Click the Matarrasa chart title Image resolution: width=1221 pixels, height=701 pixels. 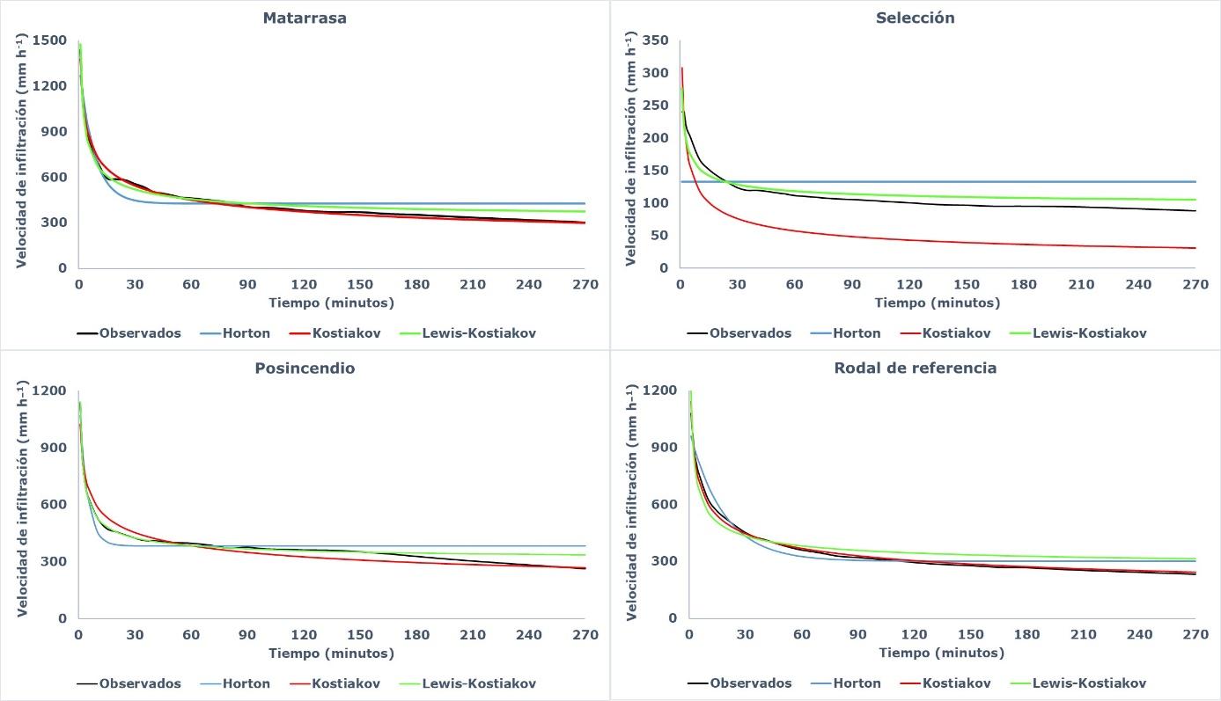point(305,18)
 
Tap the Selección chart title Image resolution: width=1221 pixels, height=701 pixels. point(916,18)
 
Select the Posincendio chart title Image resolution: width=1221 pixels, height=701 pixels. point(305,369)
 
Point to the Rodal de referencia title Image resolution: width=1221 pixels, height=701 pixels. point(916,369)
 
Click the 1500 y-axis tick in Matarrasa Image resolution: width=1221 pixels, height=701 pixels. point(48,40)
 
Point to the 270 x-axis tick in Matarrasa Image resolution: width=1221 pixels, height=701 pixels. point(585,285)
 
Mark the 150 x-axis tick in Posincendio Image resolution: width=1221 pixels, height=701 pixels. point(360,635)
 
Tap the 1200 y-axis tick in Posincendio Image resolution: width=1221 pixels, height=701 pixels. point(48,391)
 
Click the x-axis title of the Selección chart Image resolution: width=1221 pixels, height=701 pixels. point(938,303)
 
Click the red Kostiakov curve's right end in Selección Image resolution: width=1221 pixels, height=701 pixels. point(1194,248)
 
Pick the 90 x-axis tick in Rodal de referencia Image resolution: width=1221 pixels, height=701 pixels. point(857,635)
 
